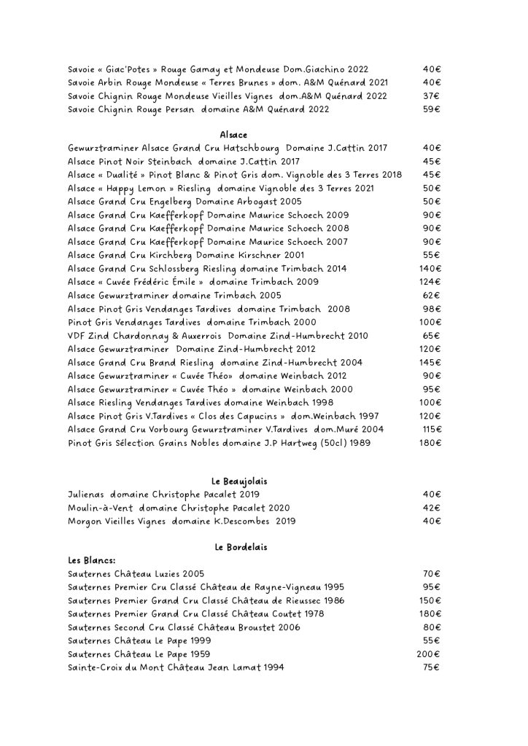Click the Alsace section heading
[233, 135]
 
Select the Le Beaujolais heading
[233, 481]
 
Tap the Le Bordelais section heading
[233, 546]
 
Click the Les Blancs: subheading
[91, 560]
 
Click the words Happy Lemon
[142, 188]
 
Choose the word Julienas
[86, 494]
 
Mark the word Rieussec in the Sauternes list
[300, 600]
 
